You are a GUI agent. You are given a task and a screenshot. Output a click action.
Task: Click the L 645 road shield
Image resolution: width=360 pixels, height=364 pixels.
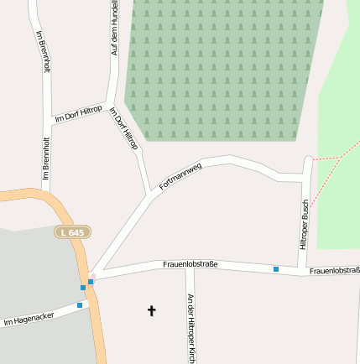tap(74, 231)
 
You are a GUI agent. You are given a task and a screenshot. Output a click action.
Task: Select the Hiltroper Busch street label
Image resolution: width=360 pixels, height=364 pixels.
tap(305, 224)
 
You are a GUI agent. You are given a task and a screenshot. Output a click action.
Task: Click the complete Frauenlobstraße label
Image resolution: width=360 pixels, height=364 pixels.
tap(190, 264)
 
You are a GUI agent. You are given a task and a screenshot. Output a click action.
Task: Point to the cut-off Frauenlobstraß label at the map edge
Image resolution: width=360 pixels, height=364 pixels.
tap(334, 271)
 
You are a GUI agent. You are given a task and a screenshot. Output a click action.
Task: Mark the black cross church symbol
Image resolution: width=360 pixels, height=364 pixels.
tap(152, 311)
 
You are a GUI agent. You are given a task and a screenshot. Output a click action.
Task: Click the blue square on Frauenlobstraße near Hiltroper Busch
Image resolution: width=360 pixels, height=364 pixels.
tap(275, 269)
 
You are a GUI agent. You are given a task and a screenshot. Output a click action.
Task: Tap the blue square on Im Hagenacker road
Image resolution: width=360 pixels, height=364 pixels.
tap(80, 305)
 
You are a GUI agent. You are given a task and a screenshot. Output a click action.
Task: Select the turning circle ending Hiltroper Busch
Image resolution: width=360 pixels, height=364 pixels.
tap(309, 159)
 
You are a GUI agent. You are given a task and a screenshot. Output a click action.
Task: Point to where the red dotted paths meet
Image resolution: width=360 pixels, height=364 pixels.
tap(337, 157)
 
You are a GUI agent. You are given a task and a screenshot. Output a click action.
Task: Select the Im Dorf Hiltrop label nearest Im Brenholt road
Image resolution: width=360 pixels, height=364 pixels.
tap(78, 115)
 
